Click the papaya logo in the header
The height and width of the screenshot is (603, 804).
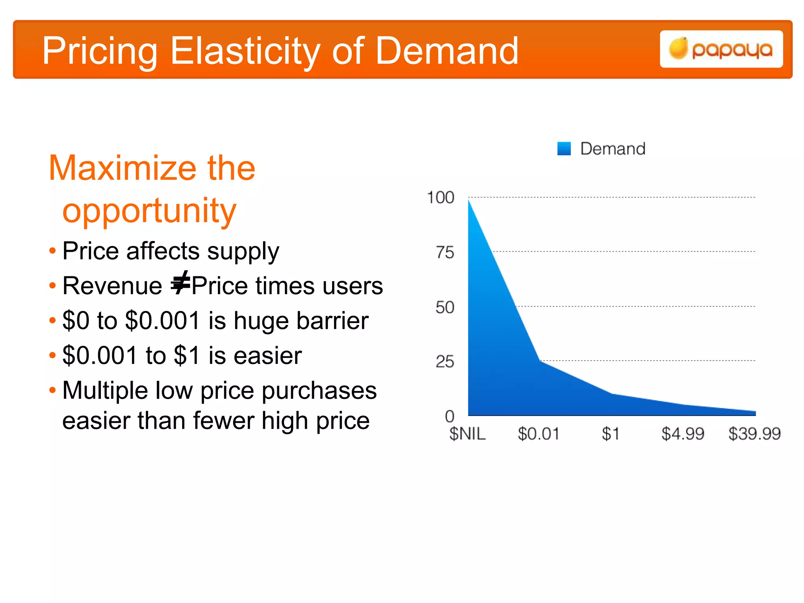[x=721, y=49]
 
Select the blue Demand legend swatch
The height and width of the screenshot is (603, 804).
[x=564, y=149]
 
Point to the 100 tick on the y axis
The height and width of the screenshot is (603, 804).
[x=440, y=197]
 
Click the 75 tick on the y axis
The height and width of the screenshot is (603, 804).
[x=445, y=252]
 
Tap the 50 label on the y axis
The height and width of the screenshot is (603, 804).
[x=445, y=307]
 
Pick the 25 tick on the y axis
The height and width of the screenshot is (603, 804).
[x=445, y=362]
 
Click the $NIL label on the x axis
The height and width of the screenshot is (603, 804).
[x=467, y=434]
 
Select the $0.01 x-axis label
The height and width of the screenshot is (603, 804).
[x=538, y=434]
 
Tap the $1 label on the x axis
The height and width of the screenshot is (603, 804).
[x=610, y=434]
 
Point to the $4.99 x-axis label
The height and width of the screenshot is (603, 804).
[x=683, y=434]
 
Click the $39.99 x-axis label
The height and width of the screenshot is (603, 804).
[x=754, y=434]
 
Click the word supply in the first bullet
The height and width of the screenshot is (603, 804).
[x=243, y=251]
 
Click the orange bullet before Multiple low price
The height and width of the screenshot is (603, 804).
[x=53, y=390]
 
